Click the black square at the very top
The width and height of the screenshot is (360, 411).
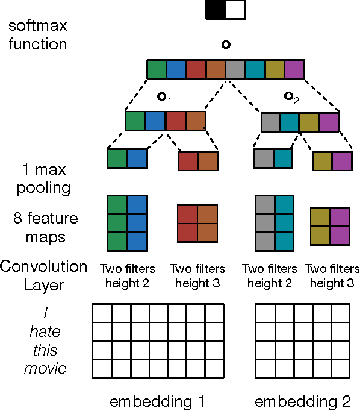[215, 10]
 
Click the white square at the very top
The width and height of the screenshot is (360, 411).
[235, 10]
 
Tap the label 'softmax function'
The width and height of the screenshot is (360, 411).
[37, 35]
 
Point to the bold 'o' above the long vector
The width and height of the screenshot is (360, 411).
[225, 45]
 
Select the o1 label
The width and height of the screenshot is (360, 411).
[164, 96]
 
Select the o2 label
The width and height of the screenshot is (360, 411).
[291, 96]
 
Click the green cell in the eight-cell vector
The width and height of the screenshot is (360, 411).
[157, 69]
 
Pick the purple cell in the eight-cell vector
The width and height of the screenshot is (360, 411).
[295, 69]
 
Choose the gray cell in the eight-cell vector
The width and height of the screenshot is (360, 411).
[235, 69]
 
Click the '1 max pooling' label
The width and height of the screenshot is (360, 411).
[36, 179]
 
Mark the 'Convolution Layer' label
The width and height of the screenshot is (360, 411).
[43, 274]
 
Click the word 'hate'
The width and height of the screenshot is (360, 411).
[46, 331]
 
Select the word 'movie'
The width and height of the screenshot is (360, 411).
[46, 368]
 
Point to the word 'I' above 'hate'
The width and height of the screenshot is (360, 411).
[46, 313]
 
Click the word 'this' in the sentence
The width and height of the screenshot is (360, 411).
[46, 350]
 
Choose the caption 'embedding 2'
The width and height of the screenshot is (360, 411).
[302, 401]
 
